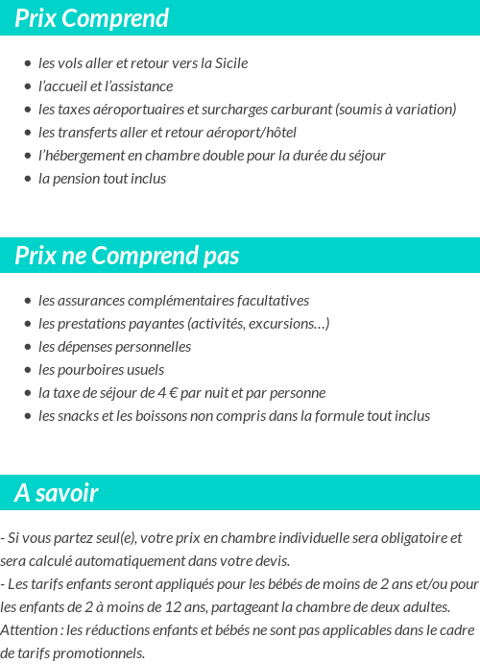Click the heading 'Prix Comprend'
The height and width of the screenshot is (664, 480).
[x=91, y=18]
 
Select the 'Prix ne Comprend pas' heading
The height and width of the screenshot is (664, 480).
[x=127, y=257]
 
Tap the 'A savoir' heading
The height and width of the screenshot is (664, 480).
[x=57, y=494]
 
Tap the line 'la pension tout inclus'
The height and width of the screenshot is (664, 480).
[x=102, y=179]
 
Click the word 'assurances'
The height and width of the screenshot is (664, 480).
[x=94, y=301]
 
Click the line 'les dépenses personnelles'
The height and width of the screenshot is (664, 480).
[x=114, y=347]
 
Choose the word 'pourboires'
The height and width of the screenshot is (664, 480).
[x=89, y=370]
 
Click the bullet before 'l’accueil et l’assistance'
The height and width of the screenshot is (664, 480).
[x=27, y=86]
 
